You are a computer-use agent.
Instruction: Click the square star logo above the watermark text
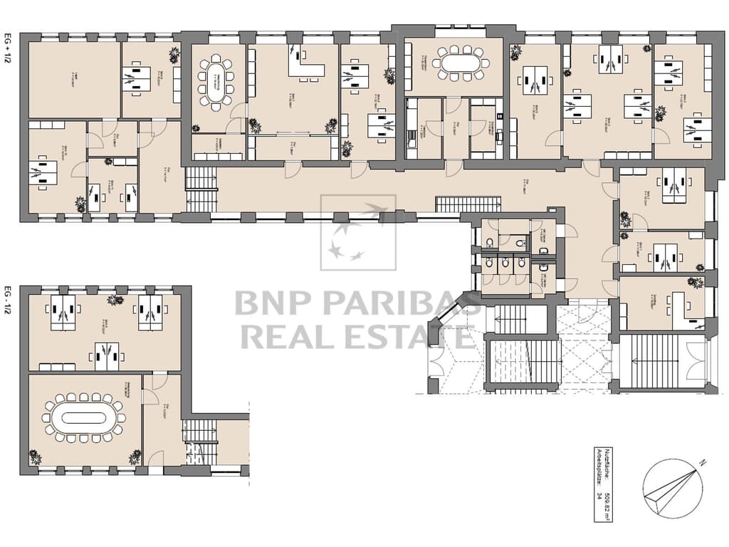pyautogui.click(x=358, y=232)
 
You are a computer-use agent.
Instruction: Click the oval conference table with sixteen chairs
pyautogui.click(x=83, y=418)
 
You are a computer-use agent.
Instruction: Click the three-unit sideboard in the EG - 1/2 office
pyautogui.click(x=57, y=367)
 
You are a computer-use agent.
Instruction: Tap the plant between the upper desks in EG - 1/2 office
pyautogui.click(x=115, y=300)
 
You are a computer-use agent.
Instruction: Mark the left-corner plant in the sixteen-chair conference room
pyautogui.click(x=34, y=457)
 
